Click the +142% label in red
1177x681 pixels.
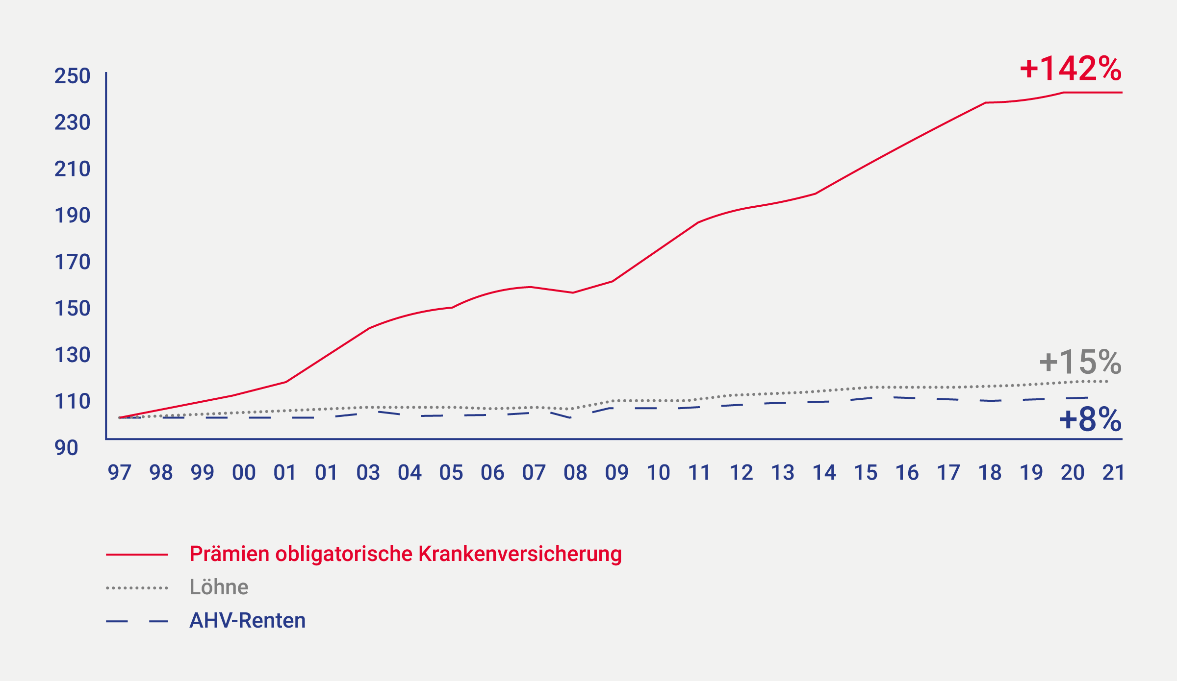[1071, 69]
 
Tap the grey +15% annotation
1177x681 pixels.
[1080, 363]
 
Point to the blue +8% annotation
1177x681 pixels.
[1090, 419]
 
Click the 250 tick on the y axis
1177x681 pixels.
[72, 76]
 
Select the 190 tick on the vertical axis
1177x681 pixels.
[72, 216]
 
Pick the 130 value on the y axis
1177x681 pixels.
[72, 355]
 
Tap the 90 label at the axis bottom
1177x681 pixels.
[66, 448]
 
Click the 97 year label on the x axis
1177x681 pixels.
[120, 473]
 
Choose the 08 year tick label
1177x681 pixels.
[575, 473]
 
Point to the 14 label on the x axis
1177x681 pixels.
[824, 473]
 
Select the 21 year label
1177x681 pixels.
[1114, 473]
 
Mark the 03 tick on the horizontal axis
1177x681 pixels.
[368, 473]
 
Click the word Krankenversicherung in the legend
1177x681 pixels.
[520, 554]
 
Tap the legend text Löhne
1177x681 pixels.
[219, 587]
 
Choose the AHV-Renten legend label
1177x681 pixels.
[248, 621]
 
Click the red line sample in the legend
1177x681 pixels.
[137, 555]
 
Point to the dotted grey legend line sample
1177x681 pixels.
[137, 588]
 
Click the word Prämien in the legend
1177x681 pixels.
[230, 554]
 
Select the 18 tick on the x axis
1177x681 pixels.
[990, 473]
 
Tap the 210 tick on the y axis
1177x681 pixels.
[72, 169]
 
